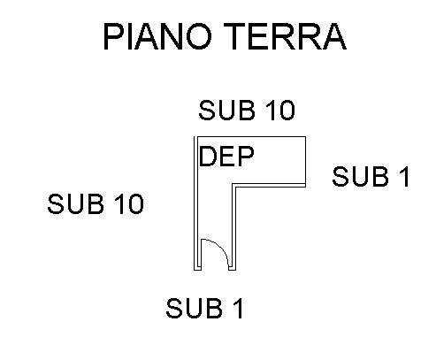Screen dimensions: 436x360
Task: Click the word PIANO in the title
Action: tap(157, 36)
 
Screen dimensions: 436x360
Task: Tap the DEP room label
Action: tap(226, 157)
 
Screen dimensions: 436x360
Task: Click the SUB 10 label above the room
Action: tap(247, 111)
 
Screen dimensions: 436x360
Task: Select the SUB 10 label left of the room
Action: tap(96, 203)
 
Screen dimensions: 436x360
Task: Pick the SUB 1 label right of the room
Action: tap(371, 176)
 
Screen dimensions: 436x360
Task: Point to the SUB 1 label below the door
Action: tap(204, 308)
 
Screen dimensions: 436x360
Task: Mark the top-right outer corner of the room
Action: tap(305, 137)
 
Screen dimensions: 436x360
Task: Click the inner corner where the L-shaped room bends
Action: tap(233, 184)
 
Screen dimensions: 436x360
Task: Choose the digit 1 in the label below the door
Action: tap(240, 308)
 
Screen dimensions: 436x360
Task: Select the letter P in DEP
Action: tap(246, 157)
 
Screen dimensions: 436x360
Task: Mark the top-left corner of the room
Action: tap(195, 137)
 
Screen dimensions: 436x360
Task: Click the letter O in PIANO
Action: tap(199, 36)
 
